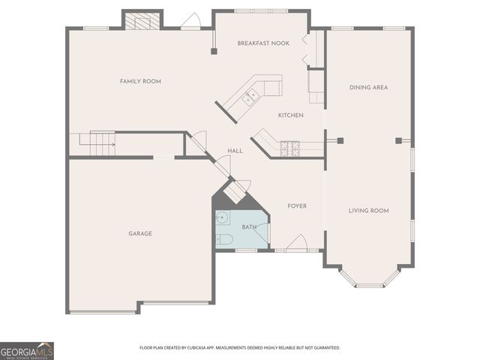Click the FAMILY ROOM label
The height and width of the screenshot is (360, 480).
[x=141, y=81]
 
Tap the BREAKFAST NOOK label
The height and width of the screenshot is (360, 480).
[x=262, y=43]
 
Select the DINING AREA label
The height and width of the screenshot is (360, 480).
[x=368, y=88]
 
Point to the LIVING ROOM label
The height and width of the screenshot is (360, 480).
[x=368, y=211]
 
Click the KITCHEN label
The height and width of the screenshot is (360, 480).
[x=290, y=115]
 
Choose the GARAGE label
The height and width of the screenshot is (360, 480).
[x=140, y=233]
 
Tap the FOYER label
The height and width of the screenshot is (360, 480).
[x=297, y=205]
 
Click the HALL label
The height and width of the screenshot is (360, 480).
[x=235, y=151]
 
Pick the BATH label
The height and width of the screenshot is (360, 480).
[x=249, y=227]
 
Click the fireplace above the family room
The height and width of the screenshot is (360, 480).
[x=142, y=21]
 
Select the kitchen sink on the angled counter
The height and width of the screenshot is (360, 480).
[x=251, y=95]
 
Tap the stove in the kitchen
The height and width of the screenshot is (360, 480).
[x=289, y=148]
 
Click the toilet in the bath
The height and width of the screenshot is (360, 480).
[x=224, y=239]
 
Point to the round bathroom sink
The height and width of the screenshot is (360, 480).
[x=222, y=217]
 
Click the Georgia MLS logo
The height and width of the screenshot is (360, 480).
[x=27, y=351]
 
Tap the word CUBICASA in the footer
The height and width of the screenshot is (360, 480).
[x=210, y=348]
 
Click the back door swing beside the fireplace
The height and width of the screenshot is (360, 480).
[x=190, y=22]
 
